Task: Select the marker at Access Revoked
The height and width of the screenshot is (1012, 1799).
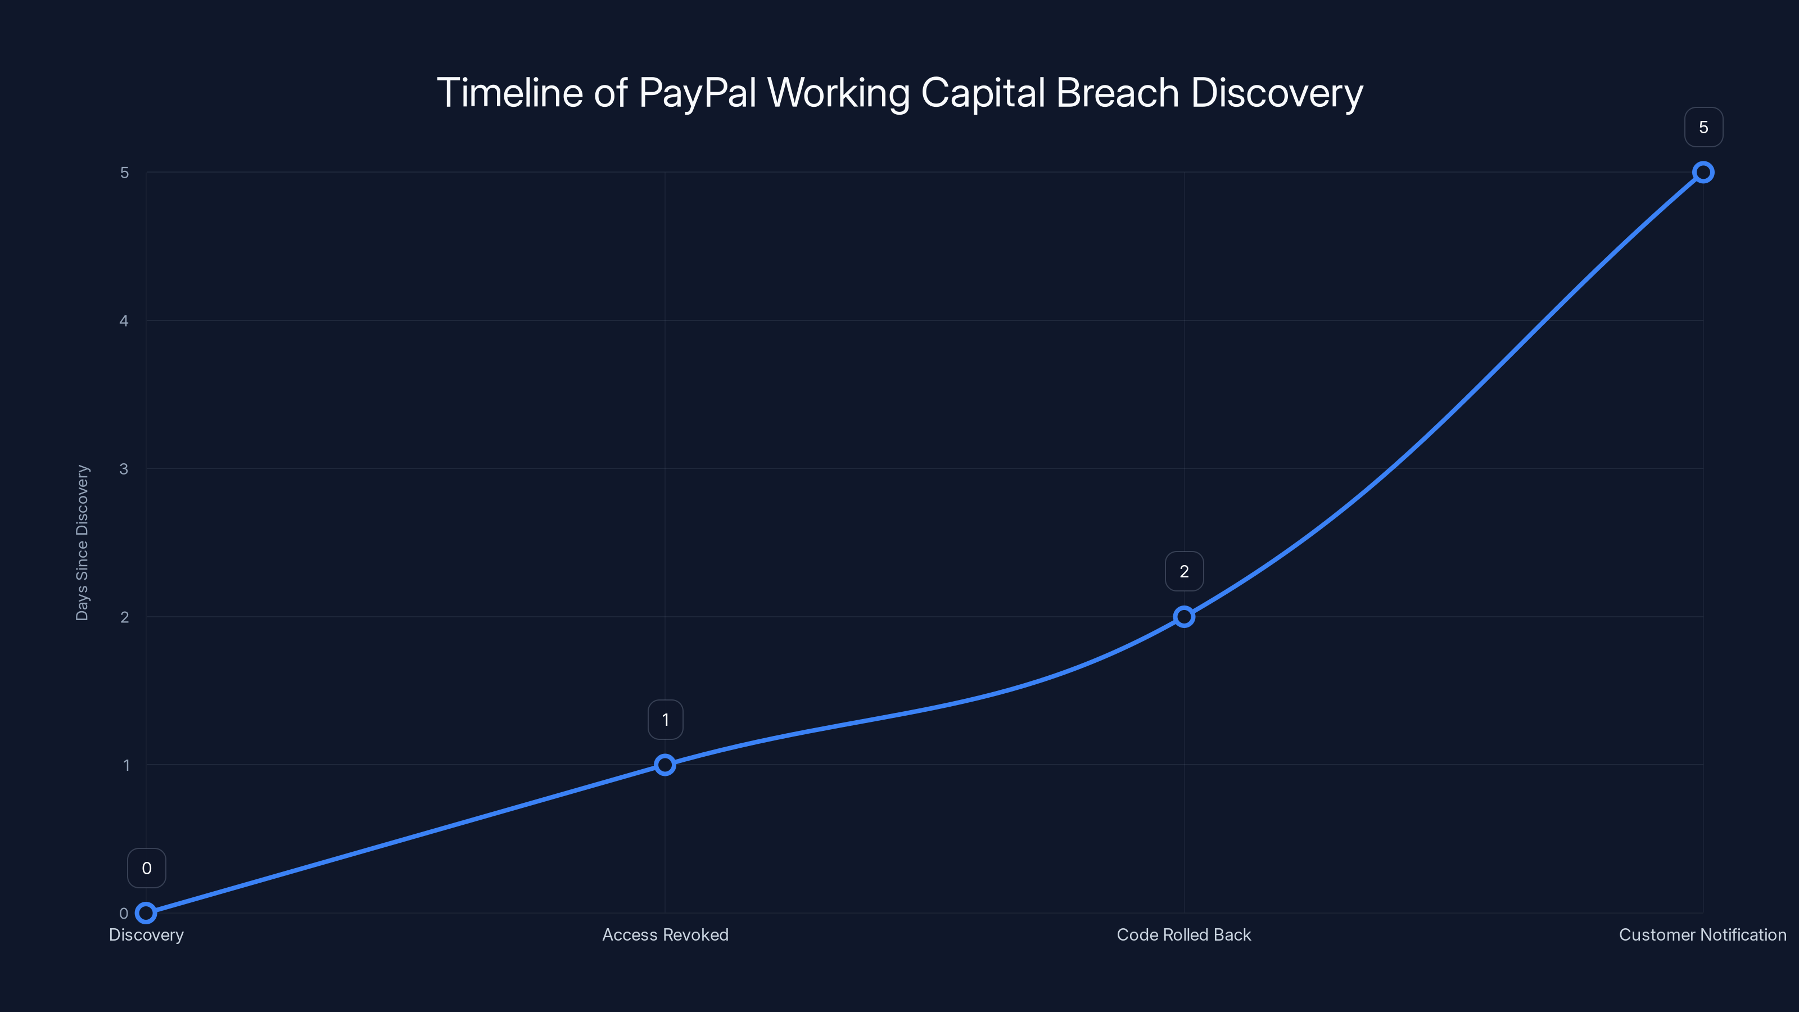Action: [665, 765]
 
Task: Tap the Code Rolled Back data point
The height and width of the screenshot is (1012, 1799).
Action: [1184, 617]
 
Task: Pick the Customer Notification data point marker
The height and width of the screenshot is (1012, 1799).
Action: [1703, 173]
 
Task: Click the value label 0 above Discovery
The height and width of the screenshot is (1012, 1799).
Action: [147, 868]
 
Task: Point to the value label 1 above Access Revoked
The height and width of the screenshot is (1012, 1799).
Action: [666, 720]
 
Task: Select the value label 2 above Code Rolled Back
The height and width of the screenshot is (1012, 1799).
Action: [1185, 572]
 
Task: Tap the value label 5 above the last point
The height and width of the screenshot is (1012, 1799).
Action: [1703, 127]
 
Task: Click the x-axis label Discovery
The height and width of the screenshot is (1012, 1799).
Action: [147, 934]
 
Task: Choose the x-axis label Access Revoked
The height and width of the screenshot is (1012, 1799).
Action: [665, 934]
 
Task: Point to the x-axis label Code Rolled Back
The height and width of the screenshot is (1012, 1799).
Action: [1184, 934]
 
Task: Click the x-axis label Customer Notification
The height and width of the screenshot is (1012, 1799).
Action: [1703, 934]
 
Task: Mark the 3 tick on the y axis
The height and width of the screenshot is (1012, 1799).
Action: [124, 469]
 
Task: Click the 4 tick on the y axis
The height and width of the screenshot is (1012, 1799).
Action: [124, 320]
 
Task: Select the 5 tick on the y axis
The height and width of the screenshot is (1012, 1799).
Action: [124, 173]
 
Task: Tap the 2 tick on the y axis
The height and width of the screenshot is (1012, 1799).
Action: [124, 617]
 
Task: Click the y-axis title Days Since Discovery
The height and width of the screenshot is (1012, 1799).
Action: [82, 543]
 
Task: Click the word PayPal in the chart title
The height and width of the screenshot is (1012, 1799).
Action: [698, 93]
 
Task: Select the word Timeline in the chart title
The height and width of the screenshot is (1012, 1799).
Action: [509, 93]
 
